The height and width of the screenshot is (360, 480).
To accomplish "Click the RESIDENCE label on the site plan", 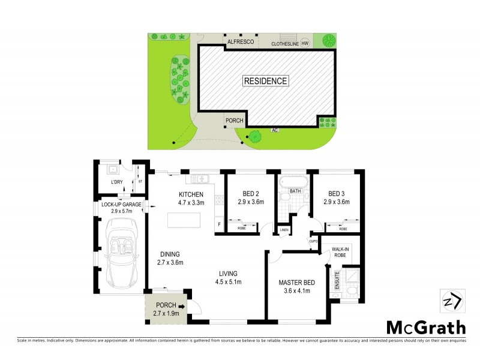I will (266, 80).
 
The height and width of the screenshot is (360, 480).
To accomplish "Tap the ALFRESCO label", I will (242, 43).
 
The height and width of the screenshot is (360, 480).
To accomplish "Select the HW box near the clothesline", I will (305, 43).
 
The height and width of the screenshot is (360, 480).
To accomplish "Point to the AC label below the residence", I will (275, 130).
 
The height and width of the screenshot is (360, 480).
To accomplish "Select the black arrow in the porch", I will (181, 306).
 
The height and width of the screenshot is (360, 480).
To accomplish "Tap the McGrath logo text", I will (425, 328).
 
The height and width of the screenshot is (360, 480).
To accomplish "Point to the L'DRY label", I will (116, 182).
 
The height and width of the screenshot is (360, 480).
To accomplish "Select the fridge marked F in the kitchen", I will (219, 224).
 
